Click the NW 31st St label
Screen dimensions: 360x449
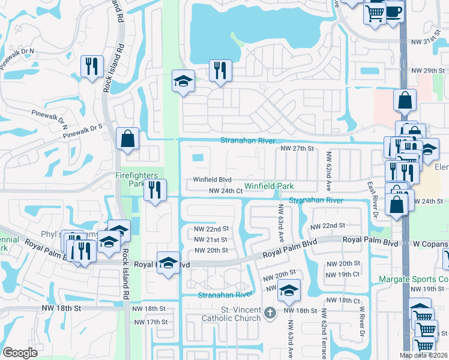(x=428, y=41)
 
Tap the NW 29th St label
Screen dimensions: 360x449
(x=428, y=71)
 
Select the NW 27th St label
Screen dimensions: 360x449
(x=298, y=149)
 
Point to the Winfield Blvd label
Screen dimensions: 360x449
(x=212, y=179)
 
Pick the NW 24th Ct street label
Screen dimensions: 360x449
(x=225, y=191)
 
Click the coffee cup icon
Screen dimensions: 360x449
(x=394, y=12)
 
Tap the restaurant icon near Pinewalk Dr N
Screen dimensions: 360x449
(x=92, y=65)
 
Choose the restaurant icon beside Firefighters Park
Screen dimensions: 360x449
(x=155, y=190)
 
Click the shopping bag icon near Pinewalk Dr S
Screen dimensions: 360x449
(x=128, y=139)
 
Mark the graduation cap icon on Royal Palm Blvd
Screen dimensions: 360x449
(x=168, y=262)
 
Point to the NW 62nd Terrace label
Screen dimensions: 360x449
(x=325, y=329)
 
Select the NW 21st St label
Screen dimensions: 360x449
(x=211, y=239)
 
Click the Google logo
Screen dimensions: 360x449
(x=20, y=353)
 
